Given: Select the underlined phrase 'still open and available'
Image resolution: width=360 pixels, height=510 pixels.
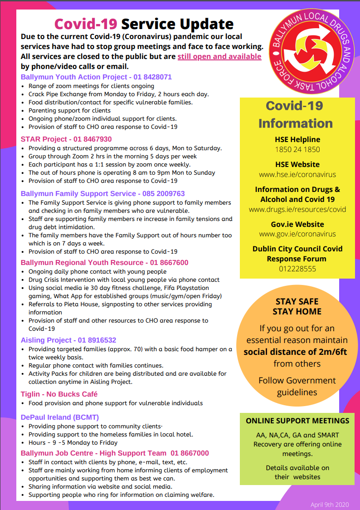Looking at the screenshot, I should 219,57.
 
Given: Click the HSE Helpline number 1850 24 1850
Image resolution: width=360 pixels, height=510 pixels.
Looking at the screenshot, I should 297,149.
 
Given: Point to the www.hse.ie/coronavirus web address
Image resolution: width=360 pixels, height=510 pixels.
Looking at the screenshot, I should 297,174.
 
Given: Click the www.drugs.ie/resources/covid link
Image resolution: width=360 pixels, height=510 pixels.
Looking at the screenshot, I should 297,210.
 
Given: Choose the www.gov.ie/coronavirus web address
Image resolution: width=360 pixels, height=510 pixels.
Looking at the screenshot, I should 297,234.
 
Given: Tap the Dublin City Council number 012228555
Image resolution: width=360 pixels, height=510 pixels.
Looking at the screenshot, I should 297,269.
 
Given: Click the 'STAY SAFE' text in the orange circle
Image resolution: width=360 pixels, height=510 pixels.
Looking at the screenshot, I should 297,301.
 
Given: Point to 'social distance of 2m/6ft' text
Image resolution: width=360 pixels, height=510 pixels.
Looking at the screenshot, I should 295,352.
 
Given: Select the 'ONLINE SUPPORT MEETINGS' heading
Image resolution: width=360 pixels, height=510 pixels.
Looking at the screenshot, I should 297,421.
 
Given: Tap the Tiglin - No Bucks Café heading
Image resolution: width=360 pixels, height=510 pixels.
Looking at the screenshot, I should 59,394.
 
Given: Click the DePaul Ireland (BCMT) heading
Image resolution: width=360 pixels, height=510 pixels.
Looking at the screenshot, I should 60,417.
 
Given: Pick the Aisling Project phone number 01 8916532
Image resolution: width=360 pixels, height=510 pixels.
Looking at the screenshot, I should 97,340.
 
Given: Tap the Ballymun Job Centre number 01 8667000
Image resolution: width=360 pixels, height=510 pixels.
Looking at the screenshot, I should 190,453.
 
